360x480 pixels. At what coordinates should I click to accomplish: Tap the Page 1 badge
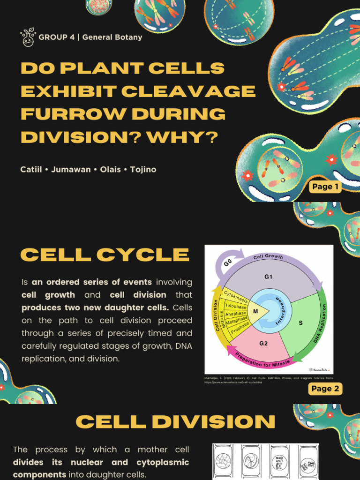pyautogui.click(x=325, y=187)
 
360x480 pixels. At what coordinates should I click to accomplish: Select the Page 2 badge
pyautogui.click(x=325, y=389)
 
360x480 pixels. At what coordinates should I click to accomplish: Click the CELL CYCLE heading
pyautogui.click(x=105, y=255)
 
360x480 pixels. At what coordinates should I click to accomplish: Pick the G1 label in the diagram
pyautogui.click(x=268, y=277)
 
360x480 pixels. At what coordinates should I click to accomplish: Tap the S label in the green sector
pyautogui.click(x=300, y=323)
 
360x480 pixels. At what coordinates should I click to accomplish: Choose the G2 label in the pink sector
pyautogui.click(x=263, y=343)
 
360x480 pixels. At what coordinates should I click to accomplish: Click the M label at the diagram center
pyautogui.click(x=255, y=311)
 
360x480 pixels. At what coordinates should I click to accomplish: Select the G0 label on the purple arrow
pyautogui.click(x=228, y=263)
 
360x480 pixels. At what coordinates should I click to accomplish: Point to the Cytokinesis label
pyautogui.click(x=235, y=295)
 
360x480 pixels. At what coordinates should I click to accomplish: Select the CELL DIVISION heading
pyautogui.click(x=175, y=422)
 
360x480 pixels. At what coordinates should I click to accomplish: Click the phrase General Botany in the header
pyautogui.click(x=112, y=37)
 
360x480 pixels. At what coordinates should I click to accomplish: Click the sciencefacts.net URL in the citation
pyautogui.click(x=233, y=382)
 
